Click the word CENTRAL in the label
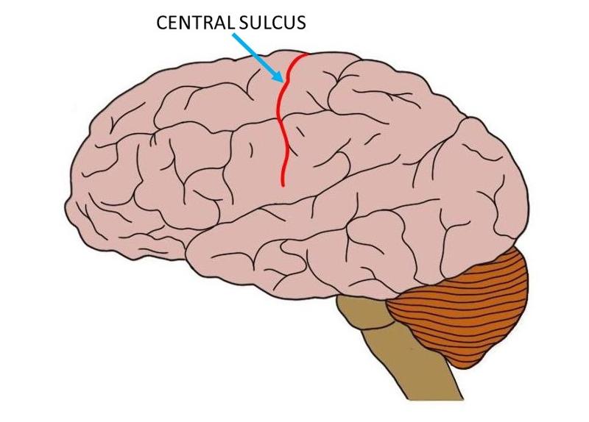pyautogui.click(x=194, y=23)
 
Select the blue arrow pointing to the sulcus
pyautogui.click(x=258, y=58)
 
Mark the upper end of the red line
pyautogui.click(x=307, y=54)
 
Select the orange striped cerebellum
pyautogui.click(x=464, y=309)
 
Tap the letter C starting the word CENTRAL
pyautogui.click(x=161, y=23)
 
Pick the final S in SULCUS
pyautogui.click(x=300, y=23)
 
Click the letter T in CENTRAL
pyautogui.click(x=196, y=23)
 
